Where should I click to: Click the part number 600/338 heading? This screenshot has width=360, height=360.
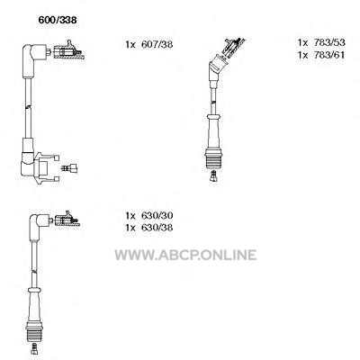pyautogui.click(x=58, y=20)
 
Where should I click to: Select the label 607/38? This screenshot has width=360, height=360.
pyautogui.click(x=157, y=45)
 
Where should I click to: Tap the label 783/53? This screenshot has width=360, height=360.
pyautogui.click(x=329, y=42)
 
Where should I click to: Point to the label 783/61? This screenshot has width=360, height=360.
pyautogui.click(x=329, y=55)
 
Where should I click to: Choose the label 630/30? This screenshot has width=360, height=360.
pyautogui.click(x=157, y=216)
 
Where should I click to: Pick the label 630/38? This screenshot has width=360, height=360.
pyautogui.click(x=157, y=228)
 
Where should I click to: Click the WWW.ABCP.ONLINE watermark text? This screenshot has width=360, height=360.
pyautogui.click(x=185, y=255)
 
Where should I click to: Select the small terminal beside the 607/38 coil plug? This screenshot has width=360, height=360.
pyautogui.click(x=69, y=168)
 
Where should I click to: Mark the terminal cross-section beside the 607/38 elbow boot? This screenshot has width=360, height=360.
pyautogui.click(x=68, y=50)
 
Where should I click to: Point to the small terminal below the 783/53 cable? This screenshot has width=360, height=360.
pyautogui.click(x=213, y=175)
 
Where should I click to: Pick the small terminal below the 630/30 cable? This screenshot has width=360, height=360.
pyautogui.click(x=35, y=348)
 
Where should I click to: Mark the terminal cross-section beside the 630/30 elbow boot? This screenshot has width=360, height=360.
pyautogui.click(x=66, y=219)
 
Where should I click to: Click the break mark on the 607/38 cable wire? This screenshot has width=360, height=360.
pyautogui.click(x=28, y=106)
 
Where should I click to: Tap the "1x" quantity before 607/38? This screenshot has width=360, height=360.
pyautogui.click(x=130, y=45)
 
